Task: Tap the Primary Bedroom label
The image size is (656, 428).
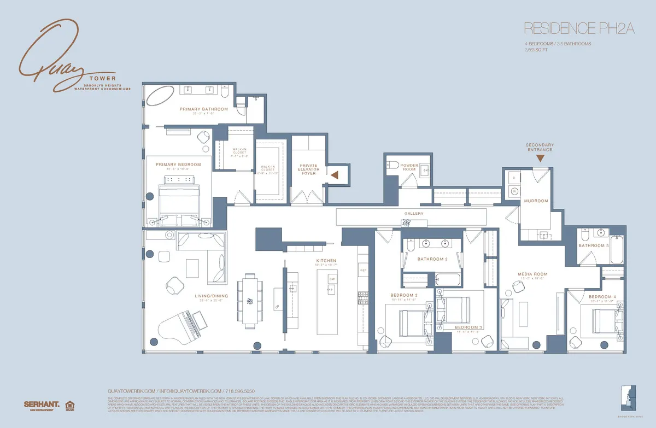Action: (x=178, y=164)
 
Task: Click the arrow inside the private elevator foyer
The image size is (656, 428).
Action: (x=335, y=174)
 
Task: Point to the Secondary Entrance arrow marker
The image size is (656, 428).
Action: (x=540, y=159)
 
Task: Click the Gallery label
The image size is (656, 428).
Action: (x=414, y=213)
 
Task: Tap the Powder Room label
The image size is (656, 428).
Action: (x=409, y=167)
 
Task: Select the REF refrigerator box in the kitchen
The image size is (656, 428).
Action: (x=362, y=270)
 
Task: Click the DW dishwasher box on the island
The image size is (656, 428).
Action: (x=332, y=279)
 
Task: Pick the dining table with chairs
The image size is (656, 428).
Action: (x=250, y=301)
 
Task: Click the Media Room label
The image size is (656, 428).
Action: (x=532, y=274)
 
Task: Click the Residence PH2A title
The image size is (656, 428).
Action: (x=578, y=28)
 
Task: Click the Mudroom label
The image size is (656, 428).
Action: (x=536, y=201)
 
